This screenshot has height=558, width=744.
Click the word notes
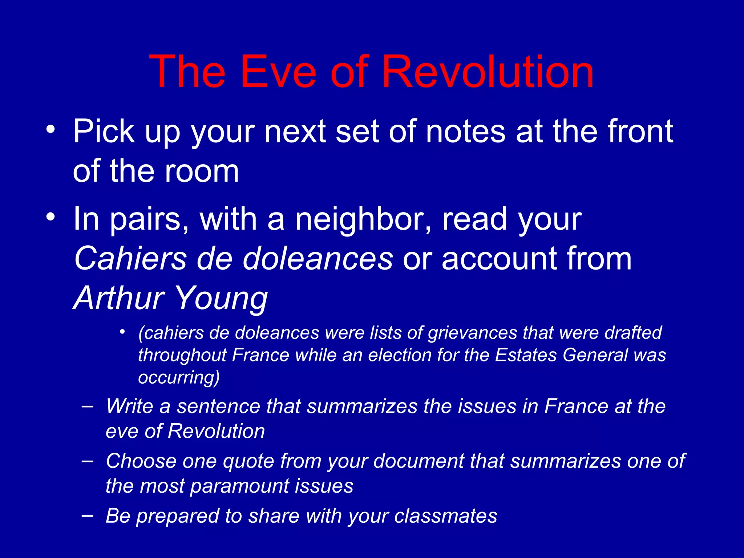465,132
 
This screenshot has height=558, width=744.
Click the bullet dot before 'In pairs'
51,217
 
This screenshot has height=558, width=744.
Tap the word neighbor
363,220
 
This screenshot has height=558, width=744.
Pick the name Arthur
119,298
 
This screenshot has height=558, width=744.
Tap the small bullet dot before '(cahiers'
123,332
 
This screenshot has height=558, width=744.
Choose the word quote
248,461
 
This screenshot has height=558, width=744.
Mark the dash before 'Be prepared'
87,515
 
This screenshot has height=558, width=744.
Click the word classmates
446,516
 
